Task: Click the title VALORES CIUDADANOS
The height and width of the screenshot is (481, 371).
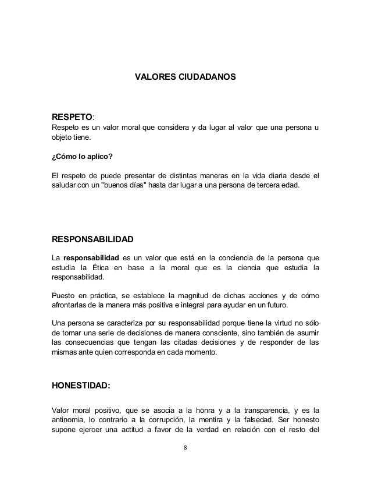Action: point(185,76)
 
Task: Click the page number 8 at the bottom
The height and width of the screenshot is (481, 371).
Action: point(185,448)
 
